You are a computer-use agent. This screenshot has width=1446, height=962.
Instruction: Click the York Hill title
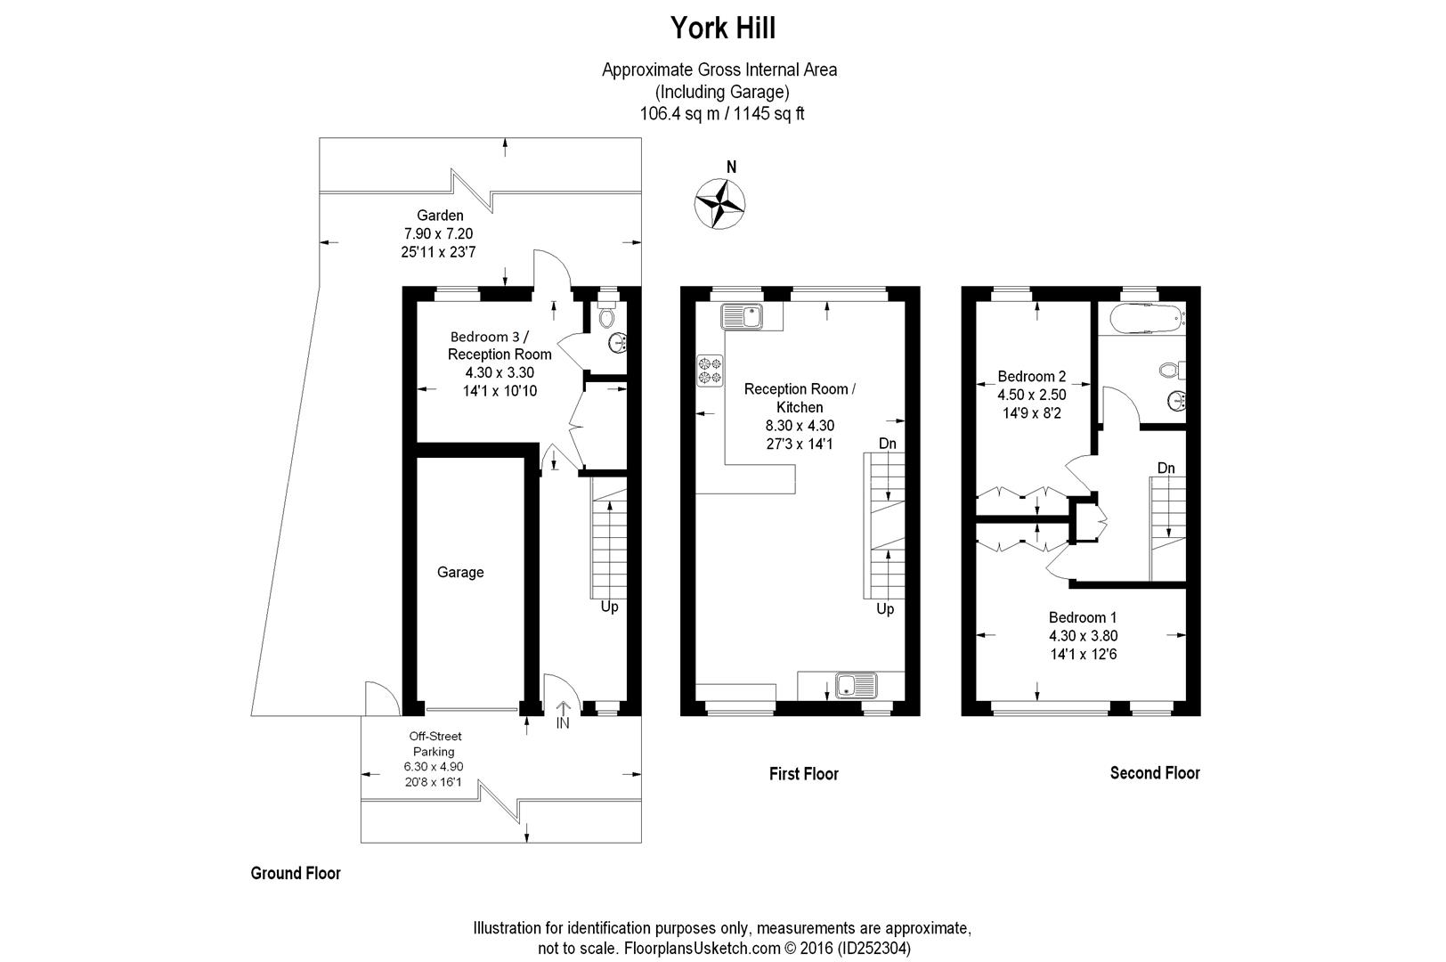pos(722,29)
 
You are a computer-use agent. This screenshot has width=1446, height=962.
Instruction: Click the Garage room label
pos(460,572)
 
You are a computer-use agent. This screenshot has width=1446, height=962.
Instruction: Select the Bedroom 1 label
pos(1082,617)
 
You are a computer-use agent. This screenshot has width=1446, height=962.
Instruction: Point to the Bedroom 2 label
pos(1031,376)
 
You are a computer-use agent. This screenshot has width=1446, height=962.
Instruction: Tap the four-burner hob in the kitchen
pos(710,371)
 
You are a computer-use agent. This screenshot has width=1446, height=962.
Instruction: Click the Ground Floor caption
pos(296,873)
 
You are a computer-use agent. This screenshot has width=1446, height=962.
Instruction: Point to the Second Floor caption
pos(1154,773)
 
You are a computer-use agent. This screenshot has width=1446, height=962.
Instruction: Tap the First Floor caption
pos(803,774)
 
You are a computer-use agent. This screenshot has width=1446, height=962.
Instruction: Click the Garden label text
pos(440,215)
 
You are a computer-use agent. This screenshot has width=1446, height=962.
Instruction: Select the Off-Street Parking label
pos(435,744)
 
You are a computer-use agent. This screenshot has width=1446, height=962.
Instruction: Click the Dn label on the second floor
pos(1166,468)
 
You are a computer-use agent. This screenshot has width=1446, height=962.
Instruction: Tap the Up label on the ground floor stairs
pos(609,607)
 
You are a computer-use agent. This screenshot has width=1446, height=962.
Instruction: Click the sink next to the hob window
pos(741,315)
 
